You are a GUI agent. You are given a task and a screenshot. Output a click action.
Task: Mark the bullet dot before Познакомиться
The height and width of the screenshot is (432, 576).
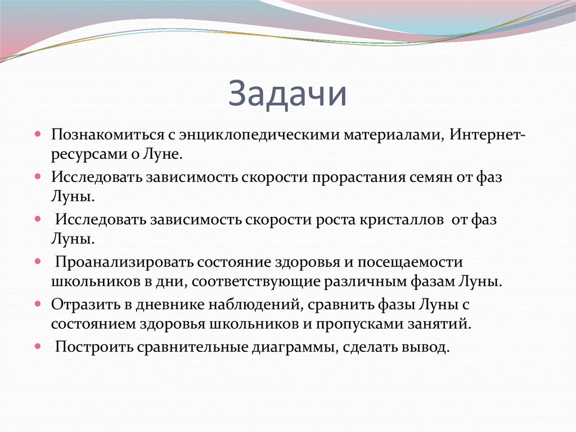tap(37, 135)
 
